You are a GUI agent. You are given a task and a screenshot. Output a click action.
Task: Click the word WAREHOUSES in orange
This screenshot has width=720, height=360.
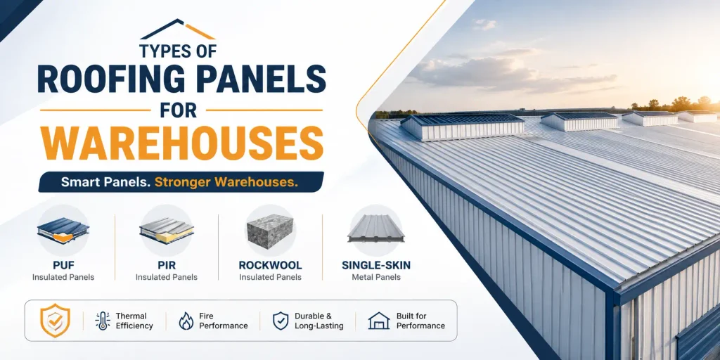[181, 143]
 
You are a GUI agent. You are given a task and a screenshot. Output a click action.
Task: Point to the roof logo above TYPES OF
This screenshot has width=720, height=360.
[178, 30]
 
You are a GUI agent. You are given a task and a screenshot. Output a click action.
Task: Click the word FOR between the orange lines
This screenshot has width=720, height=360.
[179, 110]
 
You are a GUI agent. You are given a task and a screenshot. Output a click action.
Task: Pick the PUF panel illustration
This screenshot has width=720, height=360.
[63, 230]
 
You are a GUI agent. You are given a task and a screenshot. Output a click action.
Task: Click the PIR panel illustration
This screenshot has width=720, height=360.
[166, 231]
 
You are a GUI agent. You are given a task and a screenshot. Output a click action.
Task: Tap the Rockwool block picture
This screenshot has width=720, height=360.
[270, 231]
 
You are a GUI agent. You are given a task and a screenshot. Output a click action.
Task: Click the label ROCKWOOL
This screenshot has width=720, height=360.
[270, 265]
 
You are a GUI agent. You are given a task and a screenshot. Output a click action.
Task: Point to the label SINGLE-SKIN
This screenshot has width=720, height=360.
[376, 265]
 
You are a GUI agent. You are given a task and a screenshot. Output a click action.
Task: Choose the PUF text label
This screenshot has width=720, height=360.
[63, 265]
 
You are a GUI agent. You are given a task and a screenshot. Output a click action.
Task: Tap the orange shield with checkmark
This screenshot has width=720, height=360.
[55, 320]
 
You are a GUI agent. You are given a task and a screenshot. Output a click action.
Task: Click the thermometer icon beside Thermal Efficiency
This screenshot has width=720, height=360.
[102, 321]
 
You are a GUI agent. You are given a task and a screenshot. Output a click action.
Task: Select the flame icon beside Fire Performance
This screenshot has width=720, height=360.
[186, 321]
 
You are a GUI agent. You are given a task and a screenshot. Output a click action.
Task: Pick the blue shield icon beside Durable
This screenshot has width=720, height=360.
[281, 321]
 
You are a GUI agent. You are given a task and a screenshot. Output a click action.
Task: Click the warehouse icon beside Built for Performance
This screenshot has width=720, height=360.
[379, 321]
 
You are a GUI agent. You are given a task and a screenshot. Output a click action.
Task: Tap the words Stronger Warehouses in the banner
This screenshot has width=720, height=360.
[226, 182]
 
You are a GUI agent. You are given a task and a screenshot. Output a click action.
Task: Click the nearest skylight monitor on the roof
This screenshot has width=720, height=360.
[461, 127]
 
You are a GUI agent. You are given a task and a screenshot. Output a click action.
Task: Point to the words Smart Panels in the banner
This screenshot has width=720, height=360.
[106, 182]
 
